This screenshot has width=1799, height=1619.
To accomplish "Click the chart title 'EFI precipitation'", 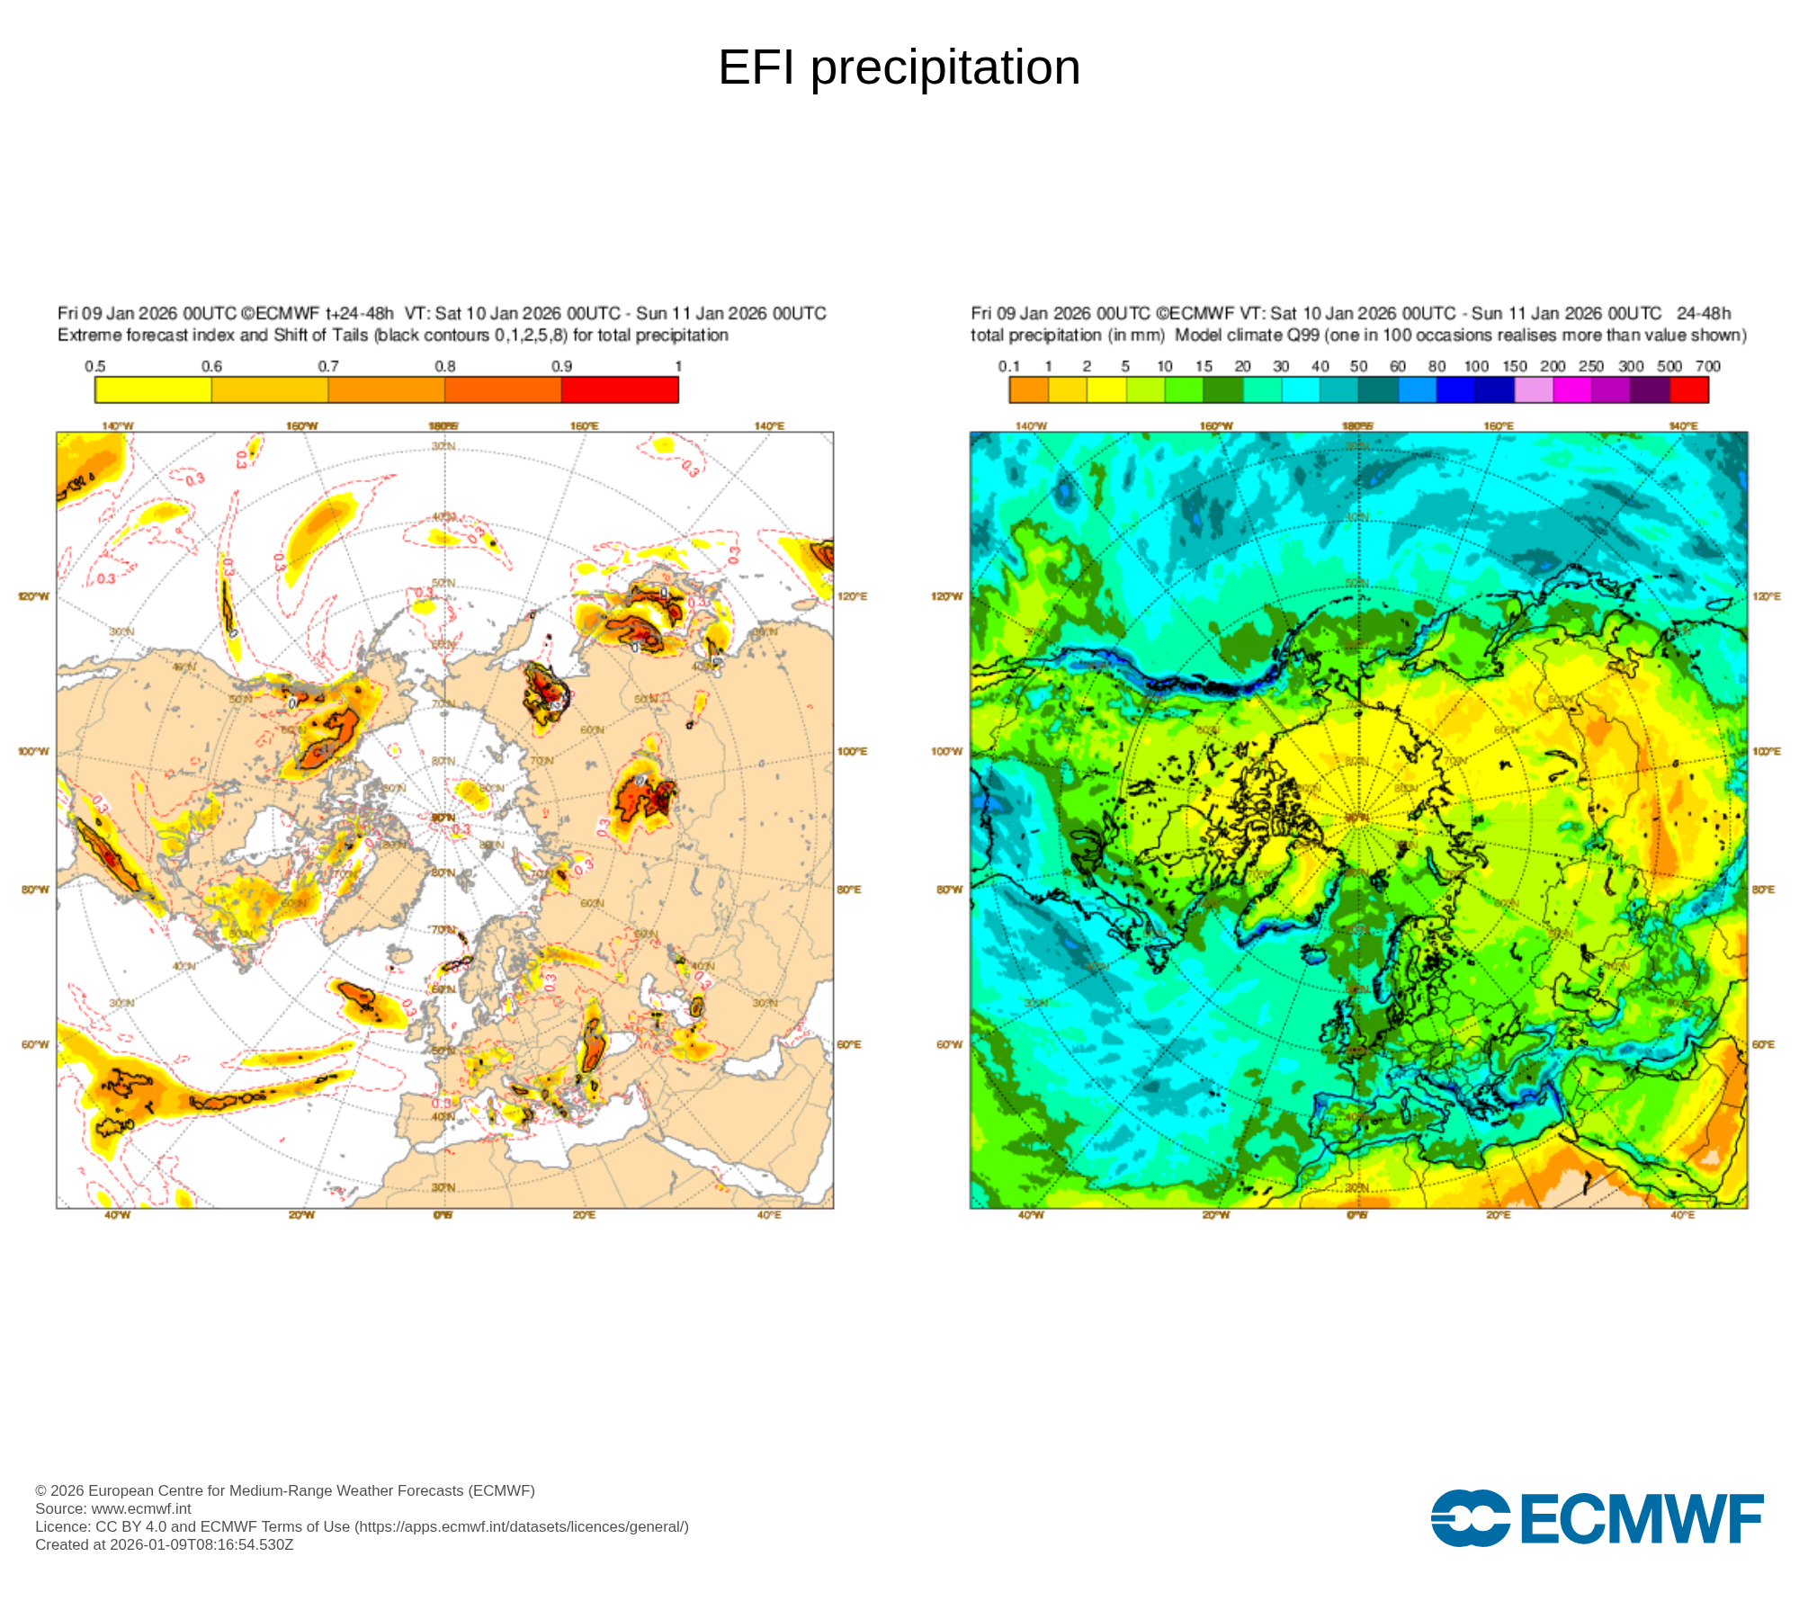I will pyautogui.click(x=899, y=67).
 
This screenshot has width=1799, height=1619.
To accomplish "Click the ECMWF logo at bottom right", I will pyautogui.click(x=1597, y=1518).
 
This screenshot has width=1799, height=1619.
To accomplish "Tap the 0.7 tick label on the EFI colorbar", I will pyautogui.click(x=328, y=366).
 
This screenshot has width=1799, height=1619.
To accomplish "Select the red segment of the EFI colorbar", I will pyautogui.click(x=620, y=389).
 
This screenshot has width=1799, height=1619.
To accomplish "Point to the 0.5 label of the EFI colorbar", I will pyautogui.click(x=95, y=366).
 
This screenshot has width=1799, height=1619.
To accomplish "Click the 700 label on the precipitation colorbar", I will pyautogui.click(x=1707, y=366).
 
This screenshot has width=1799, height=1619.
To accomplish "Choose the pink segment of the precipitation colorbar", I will pyautogui.click(x=1534, y=389).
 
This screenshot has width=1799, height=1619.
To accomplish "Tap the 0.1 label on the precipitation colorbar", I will pyautogui.click(x=1009, y=366).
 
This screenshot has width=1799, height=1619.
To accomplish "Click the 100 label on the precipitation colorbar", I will pyautogui.click(x=1476, y=366).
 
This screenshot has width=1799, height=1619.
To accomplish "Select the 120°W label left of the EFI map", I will pyautogui.click(x=34, y=596).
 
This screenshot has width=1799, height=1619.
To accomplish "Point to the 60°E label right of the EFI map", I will pyautogui.click(x=849, y=1044).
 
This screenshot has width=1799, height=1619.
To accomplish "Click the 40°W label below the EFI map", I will pyautogui.click(x=117, y=1215).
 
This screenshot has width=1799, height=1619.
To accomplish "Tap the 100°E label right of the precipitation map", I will pyautogui.click(x=1767, y=751).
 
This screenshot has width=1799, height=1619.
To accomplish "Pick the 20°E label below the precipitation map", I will pyautogui.click(x=1498, y=1215).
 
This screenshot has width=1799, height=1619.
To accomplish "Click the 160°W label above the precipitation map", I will pyautogui.click(x=1216, y=425).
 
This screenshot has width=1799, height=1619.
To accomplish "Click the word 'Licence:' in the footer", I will pyautogui.click(x=63, y=1526).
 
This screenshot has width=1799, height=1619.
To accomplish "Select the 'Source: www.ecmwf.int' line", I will pyautogui.click(x=113, y=1508).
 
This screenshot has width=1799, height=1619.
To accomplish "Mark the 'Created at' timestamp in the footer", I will pyautogui.click(x=165, y=1544).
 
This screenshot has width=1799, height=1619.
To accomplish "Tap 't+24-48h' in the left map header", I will pyautogui.click(x=359, y=314).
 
